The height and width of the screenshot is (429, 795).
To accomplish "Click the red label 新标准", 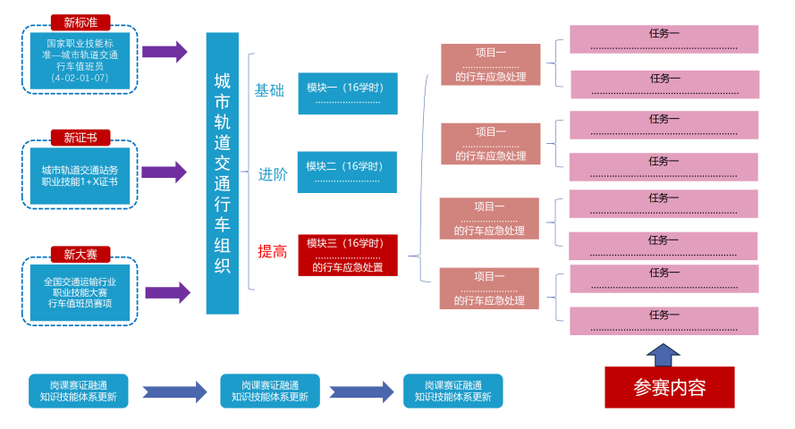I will pos(80,22).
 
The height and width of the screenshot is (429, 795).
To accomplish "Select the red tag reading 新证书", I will pos(80,137).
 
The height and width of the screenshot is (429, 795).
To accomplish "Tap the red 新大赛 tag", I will pos(80,255).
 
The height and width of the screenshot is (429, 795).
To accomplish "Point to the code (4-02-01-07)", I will pos(80,78).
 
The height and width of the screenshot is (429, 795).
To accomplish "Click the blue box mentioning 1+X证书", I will pos(80,175).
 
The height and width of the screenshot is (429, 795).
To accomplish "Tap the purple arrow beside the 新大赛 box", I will pos(167,292).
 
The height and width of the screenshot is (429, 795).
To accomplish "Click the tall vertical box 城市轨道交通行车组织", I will pos(223,173).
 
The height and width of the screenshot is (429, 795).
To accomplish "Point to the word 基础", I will pos(269,90).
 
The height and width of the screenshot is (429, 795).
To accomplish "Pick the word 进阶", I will pos(273,174).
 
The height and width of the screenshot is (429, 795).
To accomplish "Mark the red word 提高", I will pos(273,252).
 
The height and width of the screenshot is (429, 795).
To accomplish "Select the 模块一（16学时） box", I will pos(347,94).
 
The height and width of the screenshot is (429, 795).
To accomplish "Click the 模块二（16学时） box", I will pos(347,172).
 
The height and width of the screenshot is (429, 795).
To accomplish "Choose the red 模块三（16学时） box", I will pos(347,256).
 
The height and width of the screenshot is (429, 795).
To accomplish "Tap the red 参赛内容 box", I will pos(670,388).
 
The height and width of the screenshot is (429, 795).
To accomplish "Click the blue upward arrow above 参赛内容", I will pos(663,355).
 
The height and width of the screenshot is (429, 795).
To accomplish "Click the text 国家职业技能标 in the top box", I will pos(80,43).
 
